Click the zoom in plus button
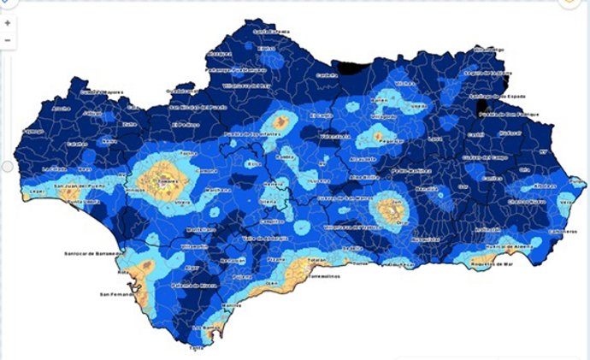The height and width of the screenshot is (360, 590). (8, 23)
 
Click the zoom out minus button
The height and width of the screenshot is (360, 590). (8, 40)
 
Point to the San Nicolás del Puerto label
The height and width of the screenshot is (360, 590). (196, 108)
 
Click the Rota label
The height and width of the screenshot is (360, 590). (122, 272)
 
